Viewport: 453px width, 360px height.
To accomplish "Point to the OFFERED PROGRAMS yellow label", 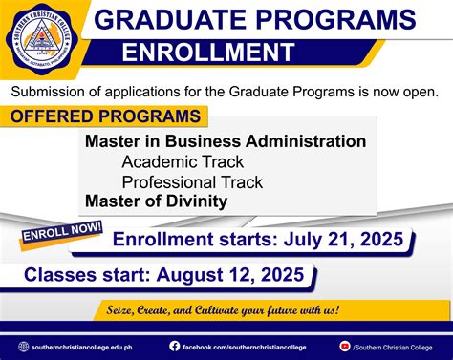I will pos(107,116).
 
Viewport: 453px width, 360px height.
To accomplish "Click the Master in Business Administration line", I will pos(226,141).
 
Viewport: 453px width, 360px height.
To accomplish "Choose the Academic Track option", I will pos(183,161).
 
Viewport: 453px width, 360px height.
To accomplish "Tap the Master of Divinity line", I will pos(156,201).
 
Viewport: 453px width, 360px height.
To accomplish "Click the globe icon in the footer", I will pos(24,346).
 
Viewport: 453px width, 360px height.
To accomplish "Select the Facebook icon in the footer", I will pos(175,346).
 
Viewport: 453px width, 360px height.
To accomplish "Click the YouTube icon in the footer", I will pos(344,346).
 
